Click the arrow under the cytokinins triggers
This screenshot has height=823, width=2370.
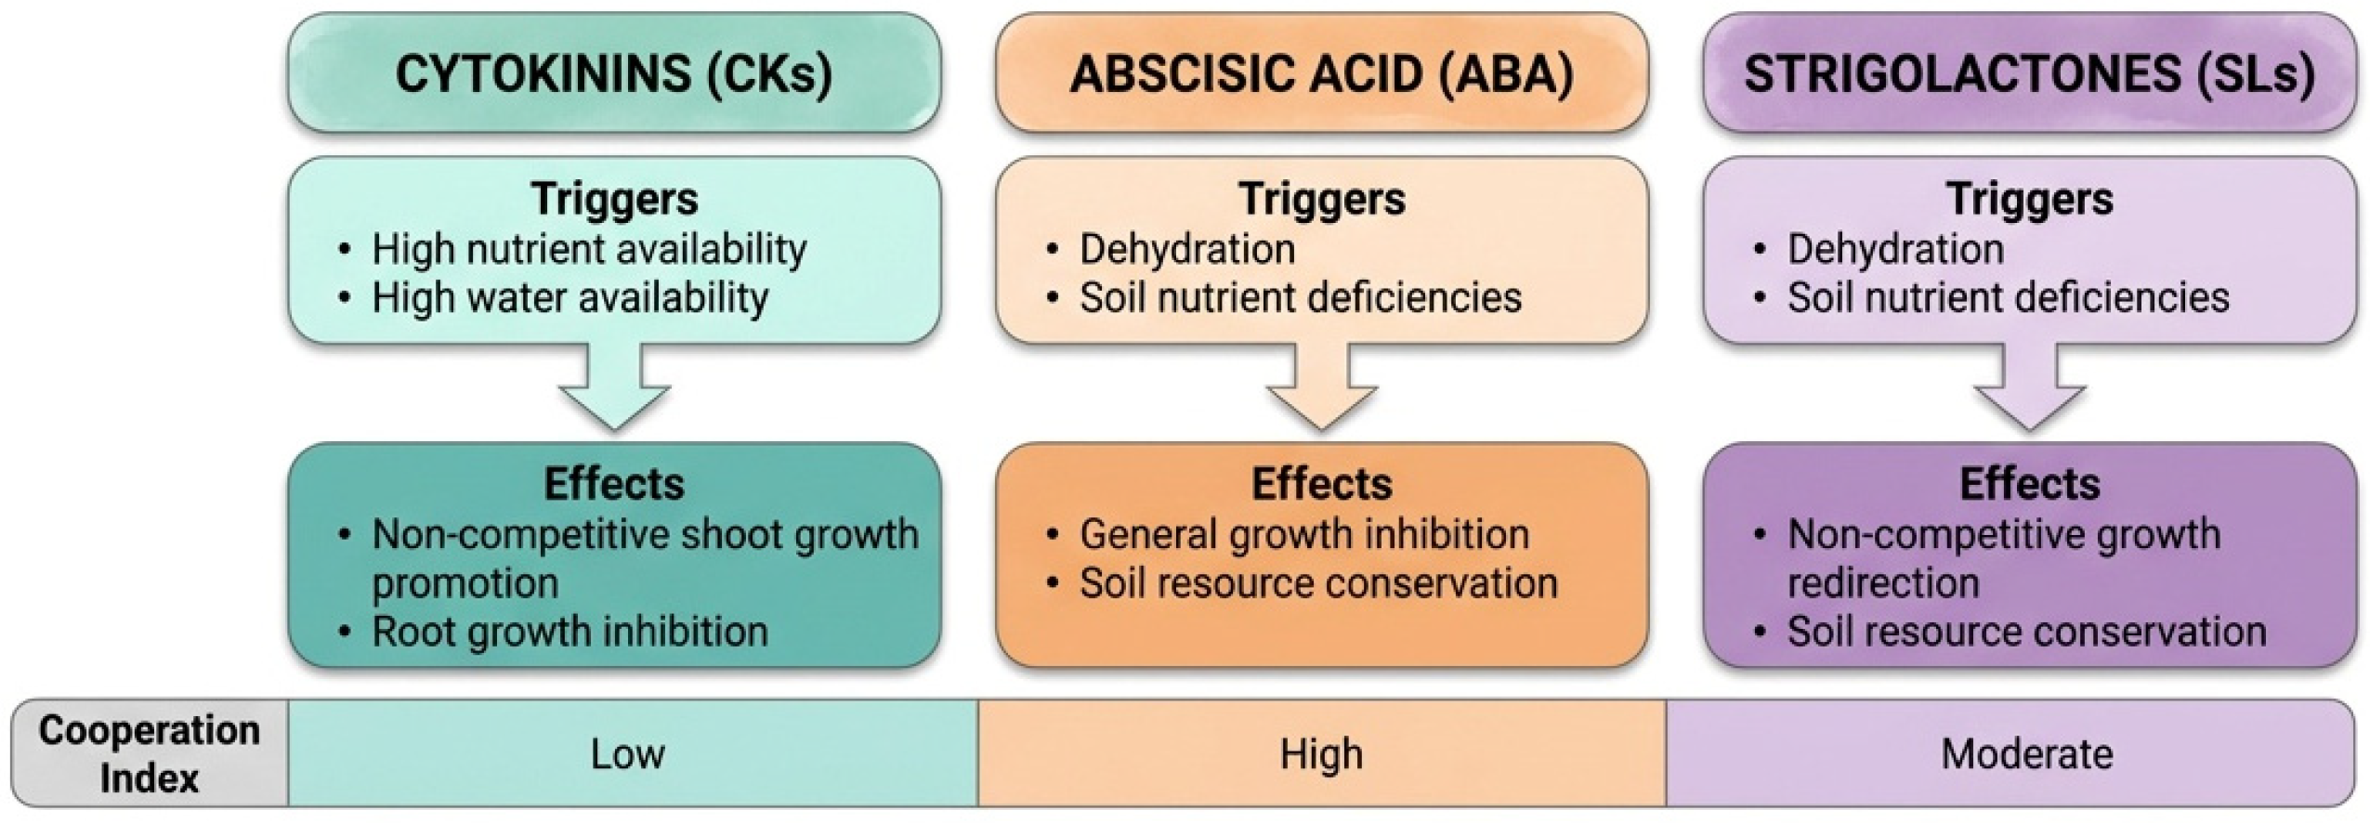[614, 390]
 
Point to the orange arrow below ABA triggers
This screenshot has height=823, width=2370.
[1321, 390]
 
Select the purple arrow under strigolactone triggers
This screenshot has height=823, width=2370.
[2029, 390]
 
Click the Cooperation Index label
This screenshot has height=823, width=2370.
[149, 753]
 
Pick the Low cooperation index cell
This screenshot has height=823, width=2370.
[628, 754]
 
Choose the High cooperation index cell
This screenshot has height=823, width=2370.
[1321, 754]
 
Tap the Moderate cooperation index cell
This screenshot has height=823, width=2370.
[2026, 754]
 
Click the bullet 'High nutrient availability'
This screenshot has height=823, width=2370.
[589, 249]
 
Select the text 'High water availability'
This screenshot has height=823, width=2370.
[570, 298]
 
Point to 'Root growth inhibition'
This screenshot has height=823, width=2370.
[570, 632]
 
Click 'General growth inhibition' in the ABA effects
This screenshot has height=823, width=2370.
[1303, 535]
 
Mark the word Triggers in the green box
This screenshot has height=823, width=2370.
[614, 199]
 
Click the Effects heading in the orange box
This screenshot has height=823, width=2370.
[1321, 484]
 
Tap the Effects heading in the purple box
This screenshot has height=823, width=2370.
[2029, 484]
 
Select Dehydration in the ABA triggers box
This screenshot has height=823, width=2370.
[1186, 249]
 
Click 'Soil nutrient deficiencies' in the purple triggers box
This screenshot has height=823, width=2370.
[2008, 298]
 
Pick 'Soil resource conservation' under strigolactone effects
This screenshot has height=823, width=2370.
[2026, 632]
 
